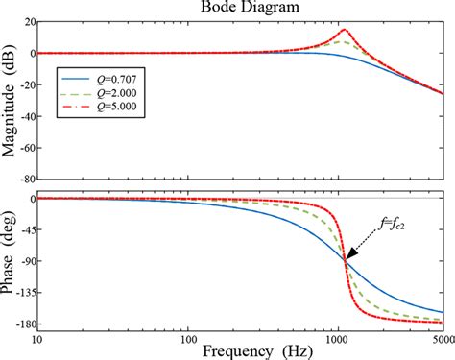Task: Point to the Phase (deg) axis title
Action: [9, 261]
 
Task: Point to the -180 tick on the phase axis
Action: [20, 325]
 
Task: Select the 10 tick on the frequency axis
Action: [37, 337]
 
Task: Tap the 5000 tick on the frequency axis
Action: [442, 337]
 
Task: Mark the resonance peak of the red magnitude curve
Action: [345, 29]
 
